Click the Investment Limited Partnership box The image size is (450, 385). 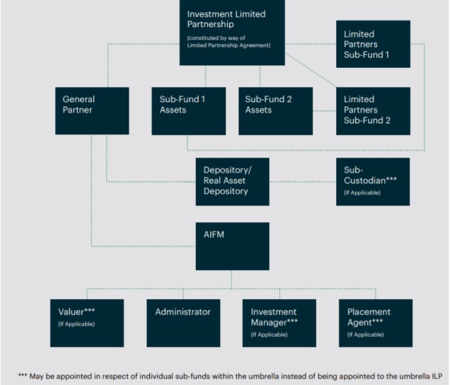click(232, 32)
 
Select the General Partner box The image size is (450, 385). click(91, 110)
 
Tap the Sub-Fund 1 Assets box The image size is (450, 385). click(189, 110)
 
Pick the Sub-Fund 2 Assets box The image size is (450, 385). click(275, 110)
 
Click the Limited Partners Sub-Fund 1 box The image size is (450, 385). click(373, 44)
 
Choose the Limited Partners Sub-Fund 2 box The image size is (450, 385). click(373, 110)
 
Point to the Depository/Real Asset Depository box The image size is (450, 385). click(232, 182)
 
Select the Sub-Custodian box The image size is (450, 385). click(372, 182)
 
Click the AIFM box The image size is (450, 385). click(232, 246)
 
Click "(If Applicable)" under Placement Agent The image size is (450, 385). click(365, 335)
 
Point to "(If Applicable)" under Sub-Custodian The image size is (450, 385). click(362, 192)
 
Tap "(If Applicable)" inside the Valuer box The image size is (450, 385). click(76, 324)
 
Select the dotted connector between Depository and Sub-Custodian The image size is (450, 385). click(303, 182)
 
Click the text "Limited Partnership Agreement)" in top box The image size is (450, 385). click(228, 45)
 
